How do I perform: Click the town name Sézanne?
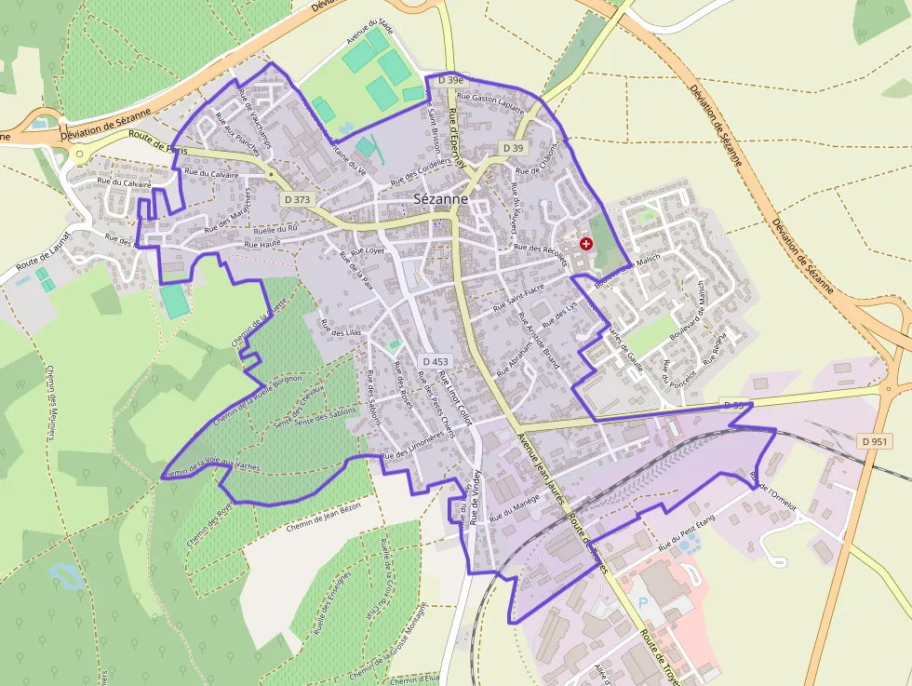click(x=441, y=199)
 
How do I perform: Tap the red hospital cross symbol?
click(x=585, y=243)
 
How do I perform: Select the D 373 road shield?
click(x=298, y=199)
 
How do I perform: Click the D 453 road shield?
click(x=435, y=361)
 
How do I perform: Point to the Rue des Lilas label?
click(x=340, y=328)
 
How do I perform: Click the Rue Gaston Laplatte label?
click(x=484, y=98)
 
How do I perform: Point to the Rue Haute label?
click(x=262, y=244)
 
